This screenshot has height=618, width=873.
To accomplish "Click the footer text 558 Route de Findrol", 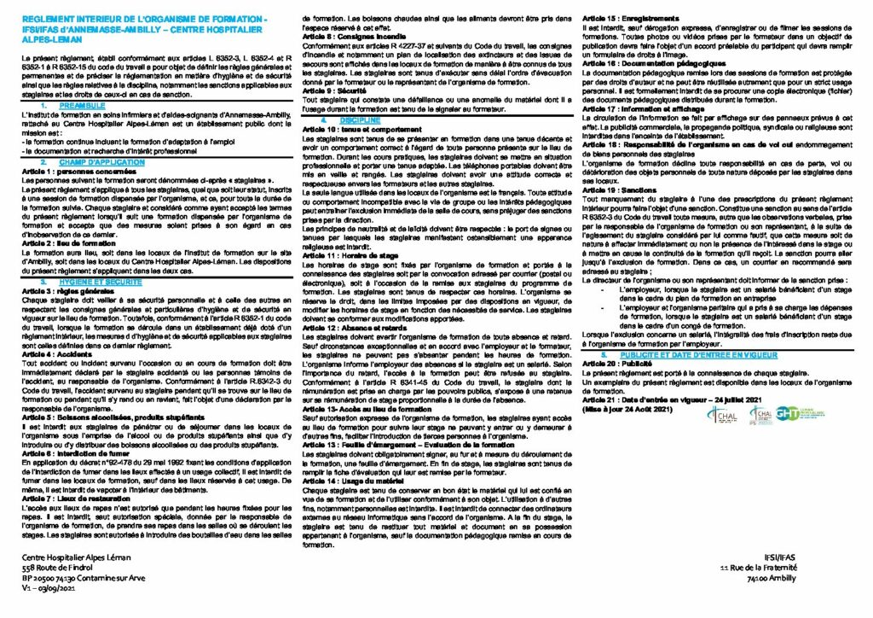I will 60,568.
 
